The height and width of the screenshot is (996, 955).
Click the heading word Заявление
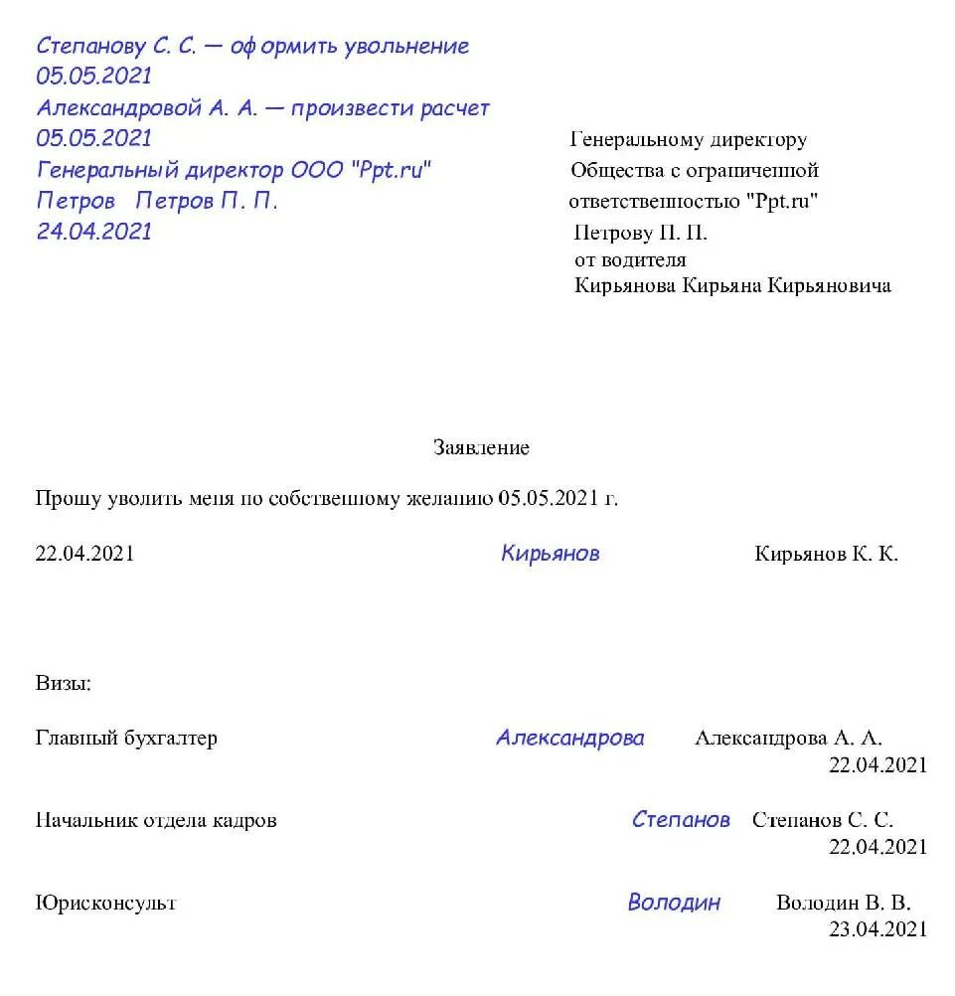coord(481,448)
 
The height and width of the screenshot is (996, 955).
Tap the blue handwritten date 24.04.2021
coord(94,232)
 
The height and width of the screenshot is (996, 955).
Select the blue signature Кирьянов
coord(550,554)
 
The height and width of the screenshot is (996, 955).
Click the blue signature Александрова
coord(569,738)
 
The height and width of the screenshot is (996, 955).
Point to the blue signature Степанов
coord(681,820)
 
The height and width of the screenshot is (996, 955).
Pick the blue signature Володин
coord(674,903)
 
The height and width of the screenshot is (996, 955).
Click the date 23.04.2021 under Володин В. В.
coord(877,929)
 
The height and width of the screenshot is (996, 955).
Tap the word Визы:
coord(64,683)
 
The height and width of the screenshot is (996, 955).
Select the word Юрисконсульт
coord(105,904)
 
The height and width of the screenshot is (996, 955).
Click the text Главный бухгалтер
coord(126,739)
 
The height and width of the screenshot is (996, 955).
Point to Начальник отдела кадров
coord(156,821)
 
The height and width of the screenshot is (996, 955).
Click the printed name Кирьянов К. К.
coord(826,555)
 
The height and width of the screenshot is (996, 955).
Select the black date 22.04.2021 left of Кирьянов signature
coord(84,555)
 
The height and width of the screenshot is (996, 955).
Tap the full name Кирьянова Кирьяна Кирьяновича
coord(732,286)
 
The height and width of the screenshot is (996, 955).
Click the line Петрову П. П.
coord(641,234)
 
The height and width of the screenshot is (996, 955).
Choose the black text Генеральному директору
coord(689,140)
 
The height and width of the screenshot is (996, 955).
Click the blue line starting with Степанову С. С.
coord(252,46)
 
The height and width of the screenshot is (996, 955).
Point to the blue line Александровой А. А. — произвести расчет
coord(263,107)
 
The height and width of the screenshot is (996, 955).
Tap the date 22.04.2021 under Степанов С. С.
coord(877,847)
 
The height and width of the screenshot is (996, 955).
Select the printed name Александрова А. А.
coord(788,739)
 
